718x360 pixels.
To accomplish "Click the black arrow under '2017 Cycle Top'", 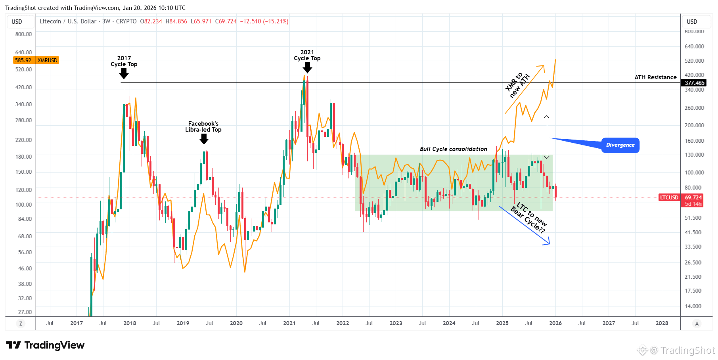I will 124,73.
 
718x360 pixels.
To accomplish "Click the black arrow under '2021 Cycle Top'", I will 307,67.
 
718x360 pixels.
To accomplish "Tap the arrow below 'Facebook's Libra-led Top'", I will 204,139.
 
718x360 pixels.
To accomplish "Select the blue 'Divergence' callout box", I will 620,145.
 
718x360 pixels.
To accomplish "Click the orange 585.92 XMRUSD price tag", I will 36,60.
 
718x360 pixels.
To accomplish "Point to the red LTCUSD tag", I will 669,197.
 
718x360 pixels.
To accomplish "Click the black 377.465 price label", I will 695,83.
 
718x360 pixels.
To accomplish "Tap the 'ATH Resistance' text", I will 655,77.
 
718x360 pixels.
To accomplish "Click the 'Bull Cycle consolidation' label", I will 454,149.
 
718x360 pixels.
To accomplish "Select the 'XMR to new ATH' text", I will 517,85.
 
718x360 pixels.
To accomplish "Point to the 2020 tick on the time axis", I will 236,323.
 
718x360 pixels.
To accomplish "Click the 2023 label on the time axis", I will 396,323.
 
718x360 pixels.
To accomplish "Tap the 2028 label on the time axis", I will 662,323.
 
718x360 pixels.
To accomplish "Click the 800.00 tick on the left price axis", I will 23,34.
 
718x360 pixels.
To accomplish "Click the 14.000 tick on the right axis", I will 693,306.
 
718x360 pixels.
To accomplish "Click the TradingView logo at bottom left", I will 45,345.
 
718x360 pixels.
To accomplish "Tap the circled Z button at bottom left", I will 21,324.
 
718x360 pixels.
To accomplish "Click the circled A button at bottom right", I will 697,324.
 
